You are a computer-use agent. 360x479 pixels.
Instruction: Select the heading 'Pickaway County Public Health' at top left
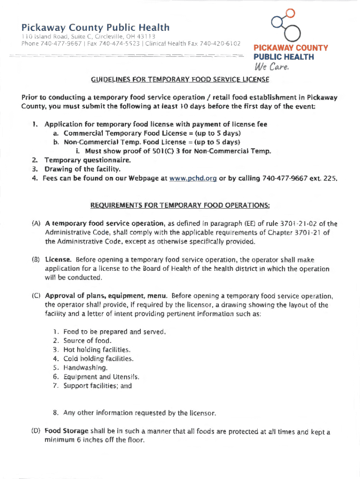[95, 28]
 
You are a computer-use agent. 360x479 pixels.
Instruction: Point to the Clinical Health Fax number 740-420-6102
[220, 44]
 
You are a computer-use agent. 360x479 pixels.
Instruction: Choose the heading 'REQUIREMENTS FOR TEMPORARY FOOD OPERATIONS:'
[180, 205]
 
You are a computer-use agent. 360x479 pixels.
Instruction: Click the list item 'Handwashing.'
[82, 368]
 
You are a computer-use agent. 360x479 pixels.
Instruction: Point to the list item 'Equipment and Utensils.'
[101, 377]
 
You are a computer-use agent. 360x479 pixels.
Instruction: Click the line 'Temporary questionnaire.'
[87, 160]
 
